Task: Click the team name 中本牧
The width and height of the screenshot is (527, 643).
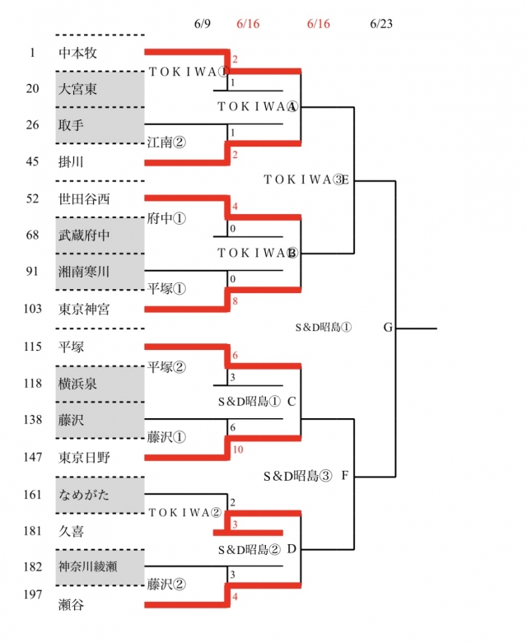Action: click(78, 53)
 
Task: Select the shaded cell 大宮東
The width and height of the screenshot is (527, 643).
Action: click(100, 89)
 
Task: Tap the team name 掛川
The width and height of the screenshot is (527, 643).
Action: click(72, 161)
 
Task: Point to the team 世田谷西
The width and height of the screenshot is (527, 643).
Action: click(85, 199)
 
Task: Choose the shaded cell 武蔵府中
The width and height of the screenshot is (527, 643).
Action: click(100, 235)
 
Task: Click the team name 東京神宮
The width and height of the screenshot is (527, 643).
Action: click(85, 309)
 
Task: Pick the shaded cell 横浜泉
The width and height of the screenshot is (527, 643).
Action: click(100, 383)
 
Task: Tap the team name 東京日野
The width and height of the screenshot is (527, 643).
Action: click(85, 457)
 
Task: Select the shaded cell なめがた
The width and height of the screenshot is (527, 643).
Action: click(100, 494)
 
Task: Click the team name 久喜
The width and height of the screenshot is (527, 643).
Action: click(72, 532)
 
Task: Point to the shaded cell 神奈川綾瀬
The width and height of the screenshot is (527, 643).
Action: click(100, 566)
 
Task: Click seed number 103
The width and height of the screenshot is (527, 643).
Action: click(32, 309)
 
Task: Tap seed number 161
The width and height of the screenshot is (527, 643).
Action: click(32, 494)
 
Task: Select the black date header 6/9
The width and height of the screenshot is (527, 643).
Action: click(203, 24)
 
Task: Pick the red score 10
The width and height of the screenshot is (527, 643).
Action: click(237, 450)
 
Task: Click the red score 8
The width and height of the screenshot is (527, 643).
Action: click(235, 301)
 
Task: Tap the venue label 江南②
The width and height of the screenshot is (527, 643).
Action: click(166, 142)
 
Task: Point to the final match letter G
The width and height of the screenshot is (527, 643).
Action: click(388, 328)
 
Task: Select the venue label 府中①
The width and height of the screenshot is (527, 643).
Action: click(166, 219)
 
